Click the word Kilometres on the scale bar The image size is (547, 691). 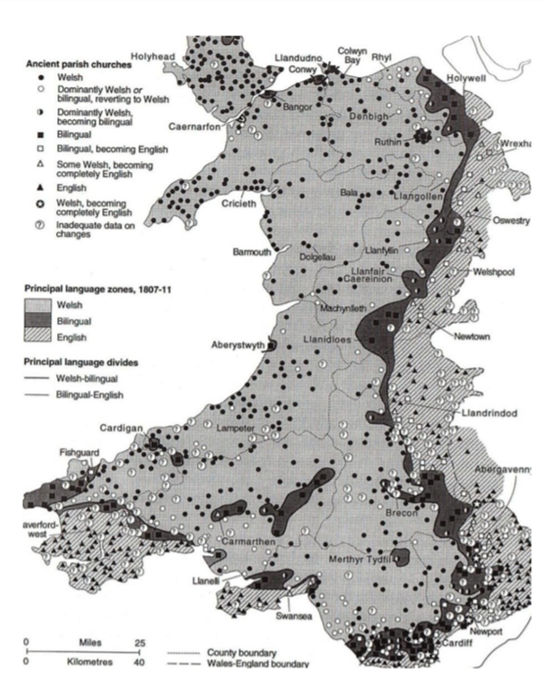click(76, 661)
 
